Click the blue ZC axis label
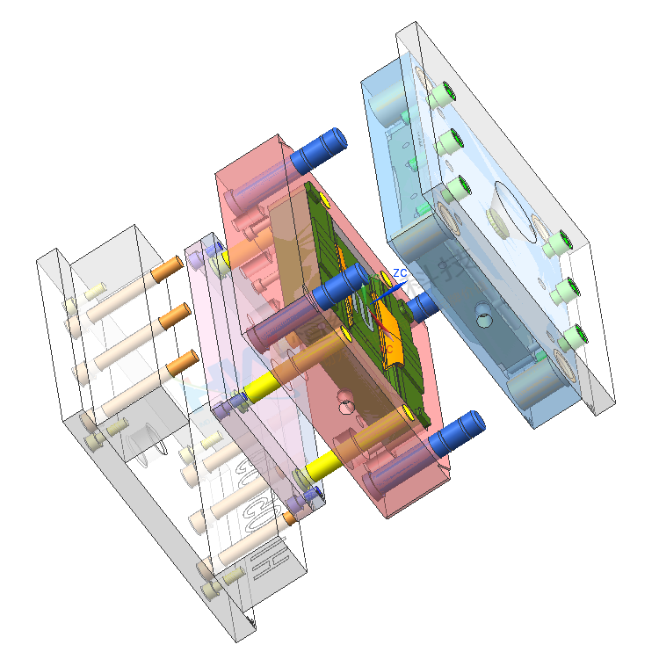[400, 273]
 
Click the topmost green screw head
[446, 91]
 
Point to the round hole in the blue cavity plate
[482, 321]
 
